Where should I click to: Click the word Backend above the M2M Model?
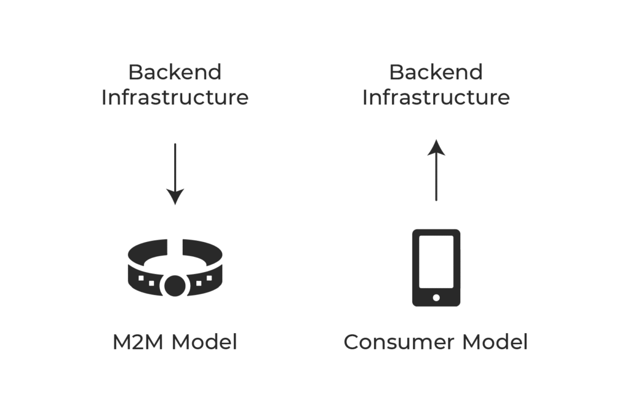click(x=175, y=73)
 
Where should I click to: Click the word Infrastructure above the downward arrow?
click(x=175, y=98)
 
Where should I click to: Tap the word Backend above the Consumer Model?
click(x=436, y=73)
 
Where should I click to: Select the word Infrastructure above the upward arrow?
click(x=436, y=98)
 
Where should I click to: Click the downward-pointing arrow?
click(x=175, y=174)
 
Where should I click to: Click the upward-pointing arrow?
click(x=436, y=170)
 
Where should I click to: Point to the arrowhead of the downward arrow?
click(x=175, y=197)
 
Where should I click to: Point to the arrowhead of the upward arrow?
click(x=436, y=147)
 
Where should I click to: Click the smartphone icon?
click(x=436, y=268)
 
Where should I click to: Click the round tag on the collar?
click(x=175, y=286)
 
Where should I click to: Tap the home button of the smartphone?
click(x=436, y=297)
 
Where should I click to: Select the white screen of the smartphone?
click(x=436, y=262)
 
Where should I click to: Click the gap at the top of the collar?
click(x=175, y=247)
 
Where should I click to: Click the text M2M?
click(x=138, y=342)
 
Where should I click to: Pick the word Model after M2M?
click(x=204, y=342)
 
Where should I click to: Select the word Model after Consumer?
click(x=495, y=342)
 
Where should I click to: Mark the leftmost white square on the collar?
click(x=141, y=278)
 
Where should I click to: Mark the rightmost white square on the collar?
click(x=209, y=278)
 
